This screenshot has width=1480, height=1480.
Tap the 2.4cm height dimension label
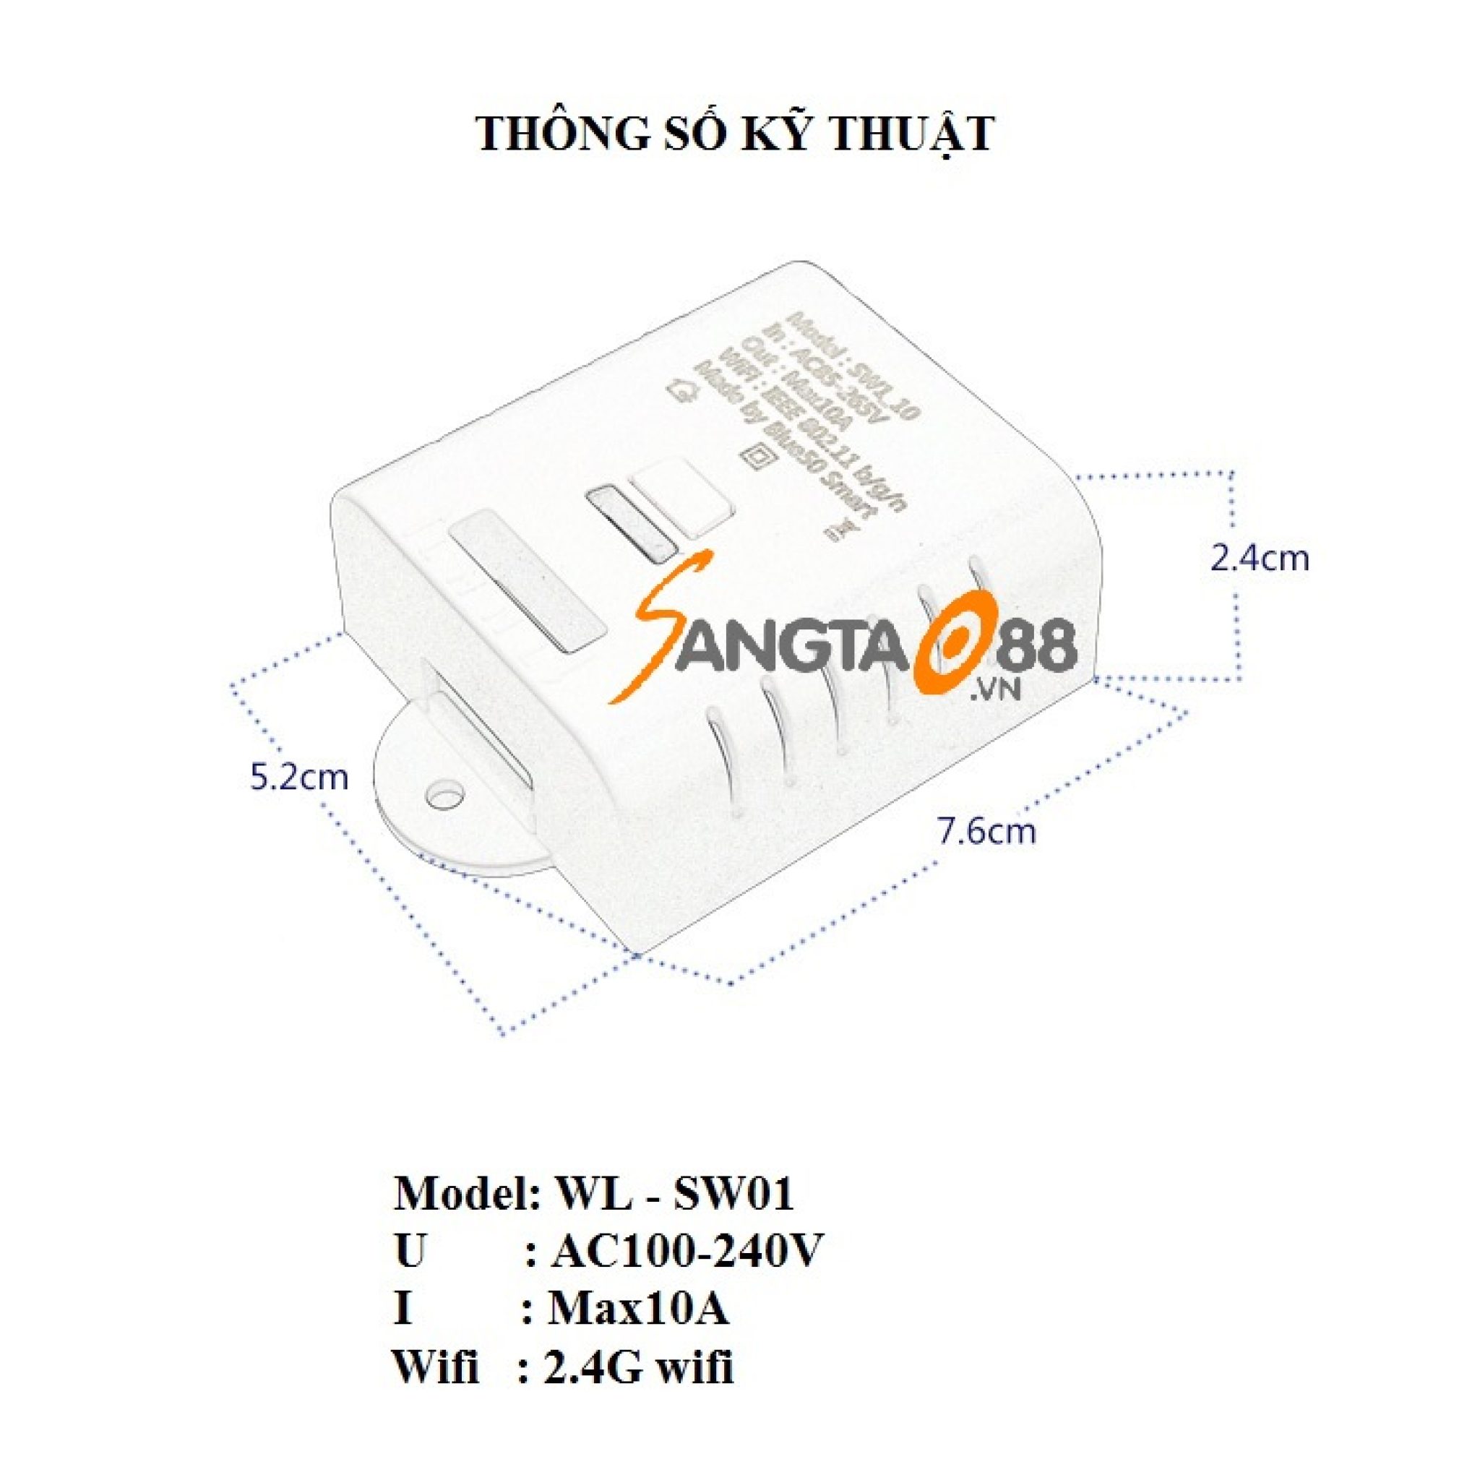click(1260, 559)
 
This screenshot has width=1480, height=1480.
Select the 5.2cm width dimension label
click(298, 777)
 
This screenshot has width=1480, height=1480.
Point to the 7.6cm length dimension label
click(987, 831)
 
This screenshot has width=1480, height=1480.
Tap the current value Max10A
click(638, 1310)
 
